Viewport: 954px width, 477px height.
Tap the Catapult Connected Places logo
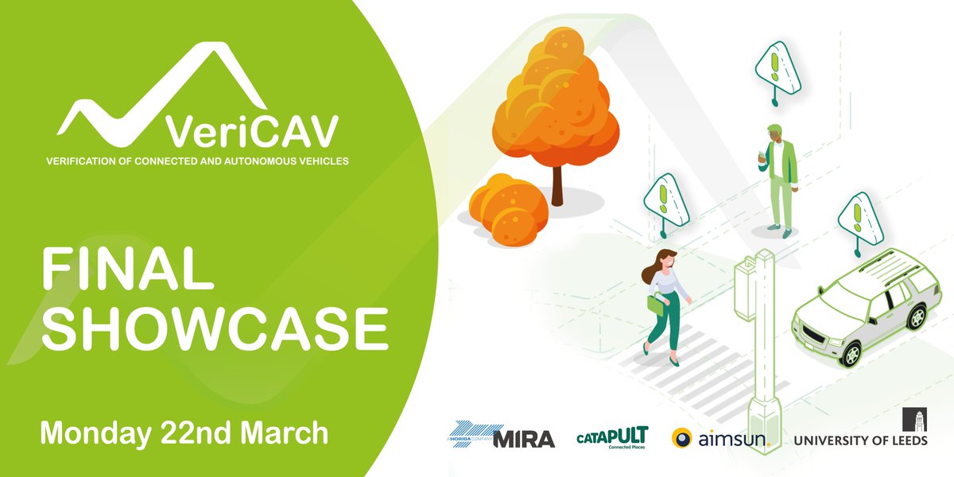tap(612, 437)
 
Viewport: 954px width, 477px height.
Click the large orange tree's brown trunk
tap(558, 187)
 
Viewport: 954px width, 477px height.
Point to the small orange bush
tap(507, 208)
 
